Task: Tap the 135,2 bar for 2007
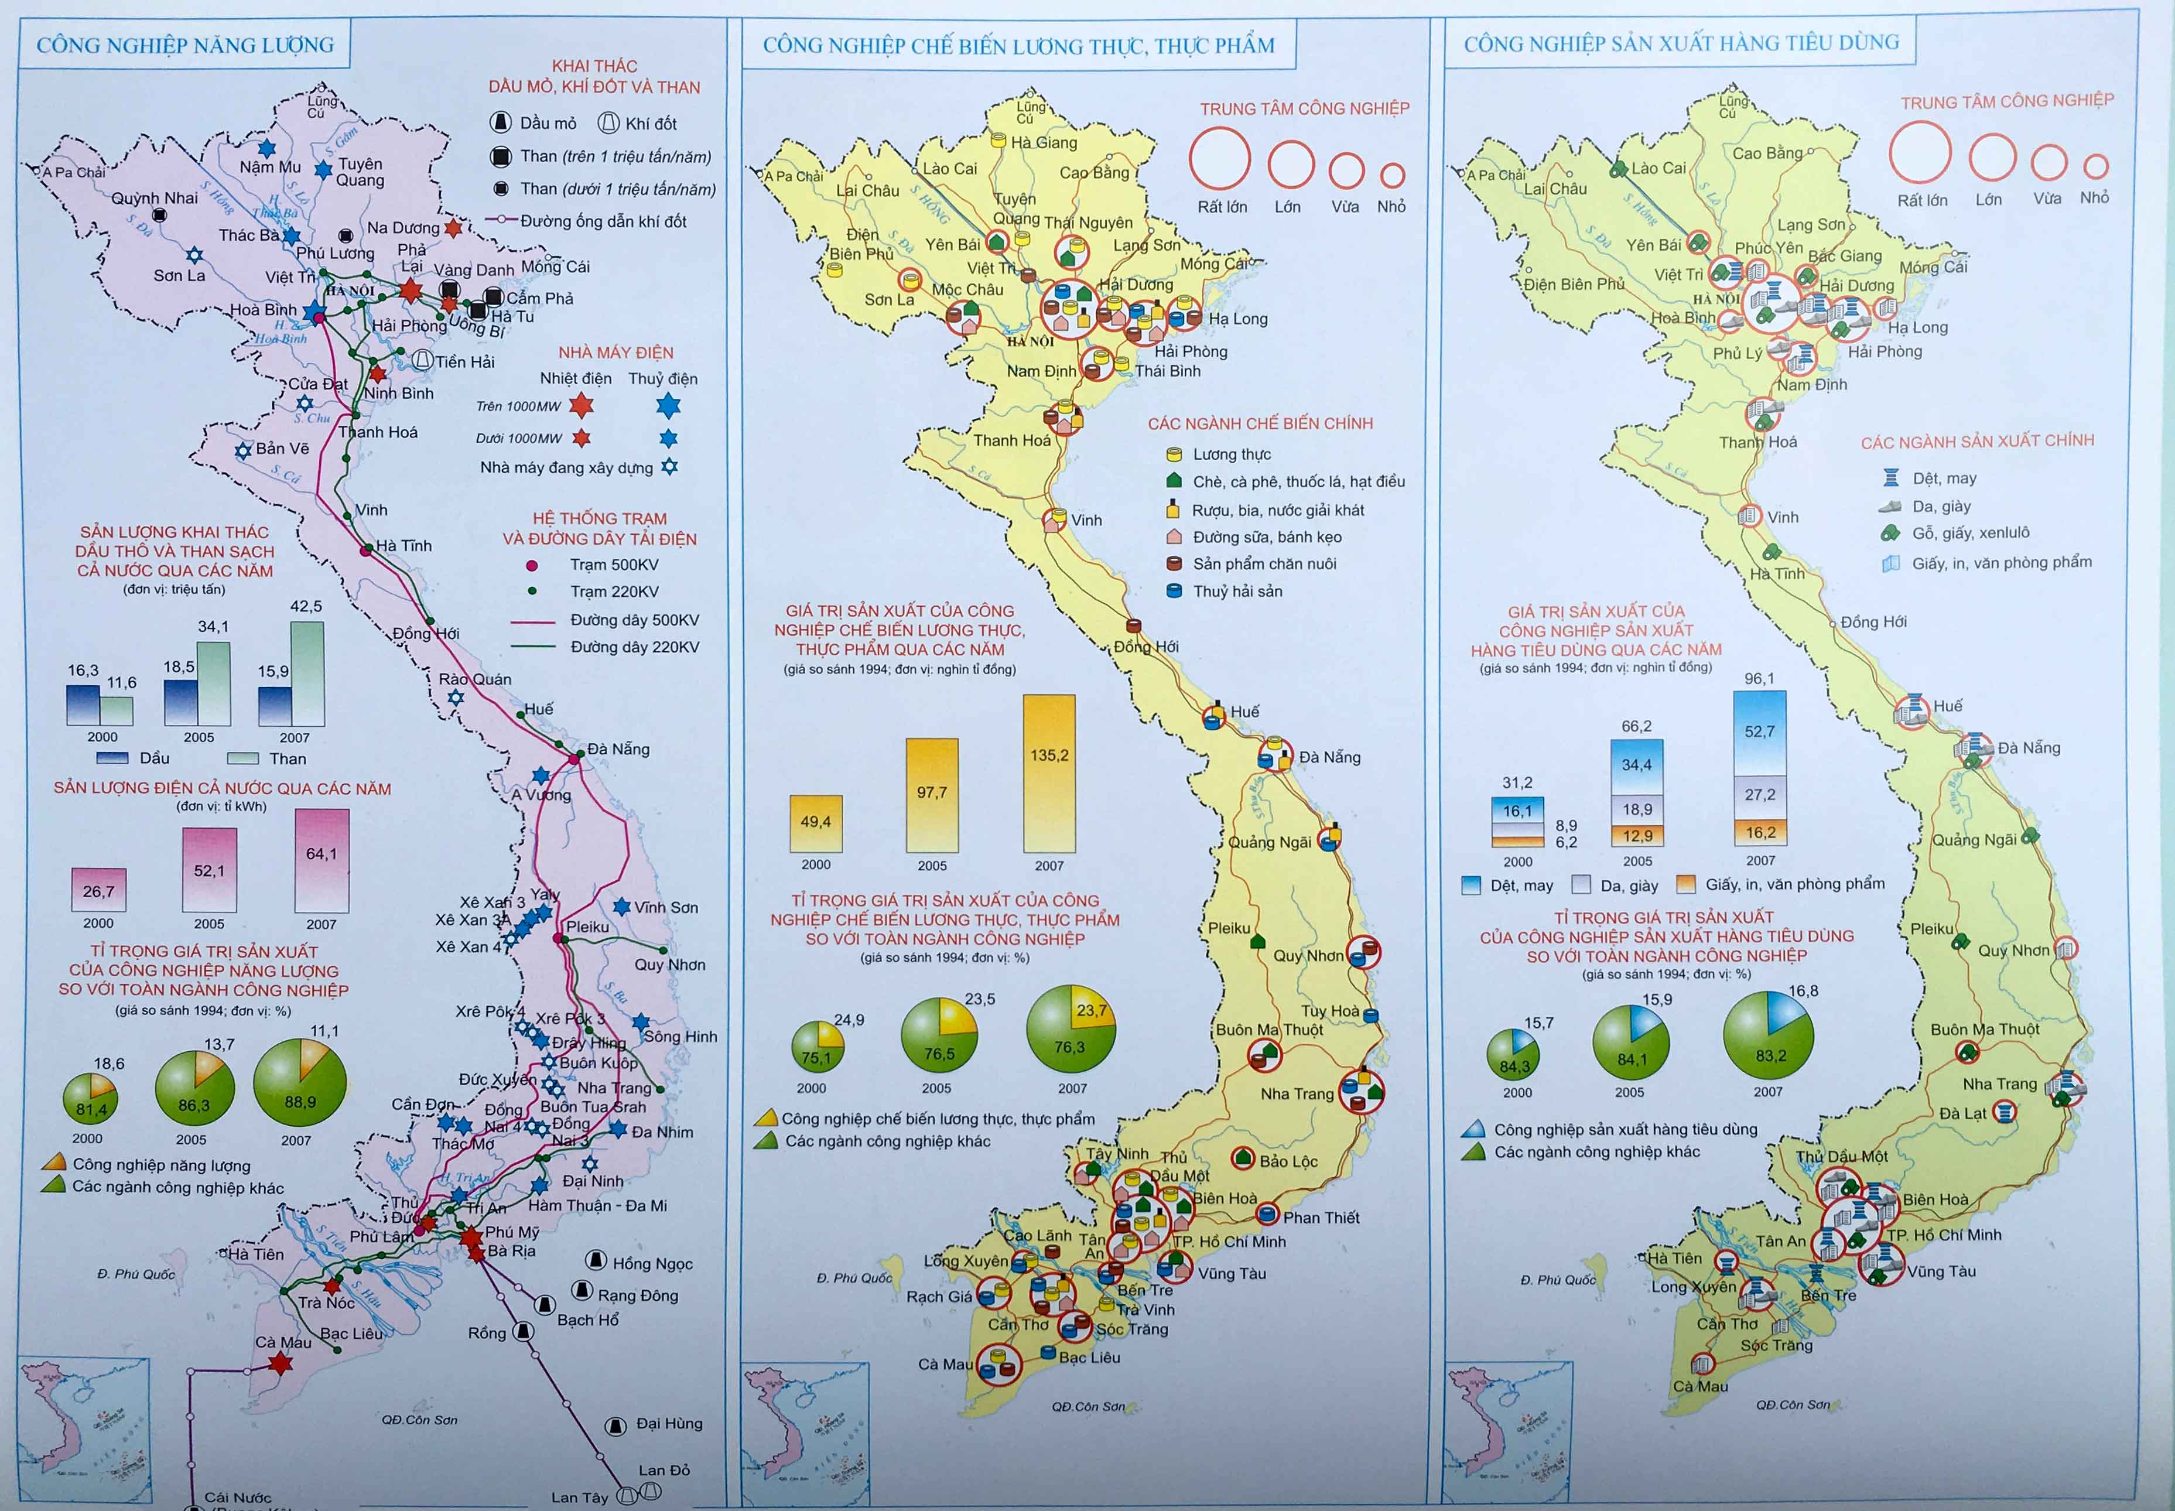1049,774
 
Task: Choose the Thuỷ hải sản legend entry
1237,592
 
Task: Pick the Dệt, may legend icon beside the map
1891,478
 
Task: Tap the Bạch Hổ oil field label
588,1319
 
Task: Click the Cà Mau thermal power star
280,1363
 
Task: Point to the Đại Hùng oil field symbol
614,1425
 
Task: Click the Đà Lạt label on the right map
1962,1113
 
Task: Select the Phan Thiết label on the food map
1321,1218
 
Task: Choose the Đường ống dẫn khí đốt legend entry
602,221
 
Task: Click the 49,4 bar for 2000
815,823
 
